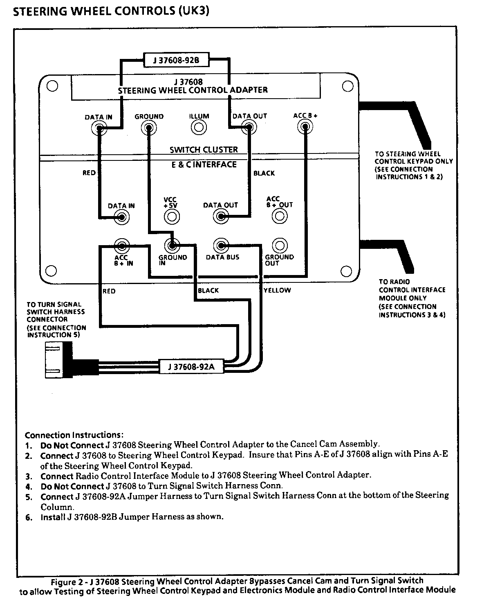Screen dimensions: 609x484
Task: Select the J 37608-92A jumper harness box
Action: tap(191, 366)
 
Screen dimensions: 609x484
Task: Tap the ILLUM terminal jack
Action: tap(199, 128)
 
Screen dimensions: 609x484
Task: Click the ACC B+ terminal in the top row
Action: tap(305, 127)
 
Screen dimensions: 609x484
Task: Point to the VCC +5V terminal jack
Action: tap(172, 216)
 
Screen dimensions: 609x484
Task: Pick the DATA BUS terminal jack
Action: tap(221, 246)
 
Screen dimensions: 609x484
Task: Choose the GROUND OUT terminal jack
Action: tap(280, 246)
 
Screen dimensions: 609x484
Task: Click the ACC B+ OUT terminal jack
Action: tap(280, 216)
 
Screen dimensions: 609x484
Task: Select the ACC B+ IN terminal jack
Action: tap(121, 246)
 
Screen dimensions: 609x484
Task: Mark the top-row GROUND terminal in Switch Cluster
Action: tap(149, 128)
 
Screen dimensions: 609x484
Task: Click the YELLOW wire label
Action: tap(277, 290)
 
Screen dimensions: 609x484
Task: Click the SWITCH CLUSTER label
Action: tap(204, 149)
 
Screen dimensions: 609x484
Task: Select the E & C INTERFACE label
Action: tap(204, 164)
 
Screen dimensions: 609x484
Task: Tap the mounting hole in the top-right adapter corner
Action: tap(347, 86)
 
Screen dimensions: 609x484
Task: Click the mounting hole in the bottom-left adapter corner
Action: tap(51, 271)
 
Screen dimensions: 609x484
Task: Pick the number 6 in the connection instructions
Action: tap(29, 517)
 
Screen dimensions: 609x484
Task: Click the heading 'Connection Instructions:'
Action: tap(74, 435)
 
